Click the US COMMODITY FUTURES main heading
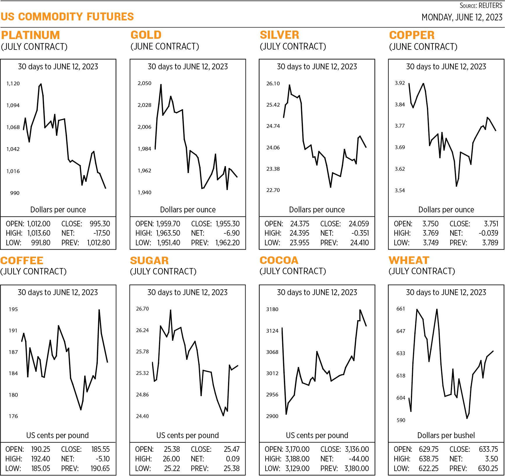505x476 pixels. tap(67, 17)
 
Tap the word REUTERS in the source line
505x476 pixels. tap(490, 6)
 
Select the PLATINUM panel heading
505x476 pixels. tap(30, 35)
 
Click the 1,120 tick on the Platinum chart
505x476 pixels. tap(13, 84)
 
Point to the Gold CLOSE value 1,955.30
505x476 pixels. tap(227, 224)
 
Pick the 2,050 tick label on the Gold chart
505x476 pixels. tap(144, 83)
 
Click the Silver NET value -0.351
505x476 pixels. tap(360, 233)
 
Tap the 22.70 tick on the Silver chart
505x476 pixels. tap(273, 190)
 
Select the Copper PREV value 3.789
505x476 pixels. tap(490, 243)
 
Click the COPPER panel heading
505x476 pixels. tap(412, 35)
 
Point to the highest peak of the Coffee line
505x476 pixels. tap(99, 310)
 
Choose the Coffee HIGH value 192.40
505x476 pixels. tap(40, 459)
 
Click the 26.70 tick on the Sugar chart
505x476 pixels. tap(142, 309)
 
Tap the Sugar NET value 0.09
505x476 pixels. tap(233, 459)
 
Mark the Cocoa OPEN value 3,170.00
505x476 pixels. tap(297, 449)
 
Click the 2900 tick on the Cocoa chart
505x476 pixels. tap(272, 416)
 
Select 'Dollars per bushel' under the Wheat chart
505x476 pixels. tap(446, 435)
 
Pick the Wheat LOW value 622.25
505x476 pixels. tap(429, 468)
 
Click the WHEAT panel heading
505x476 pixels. tap(409, 260)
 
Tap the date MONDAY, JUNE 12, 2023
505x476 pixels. tap(462, 17)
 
